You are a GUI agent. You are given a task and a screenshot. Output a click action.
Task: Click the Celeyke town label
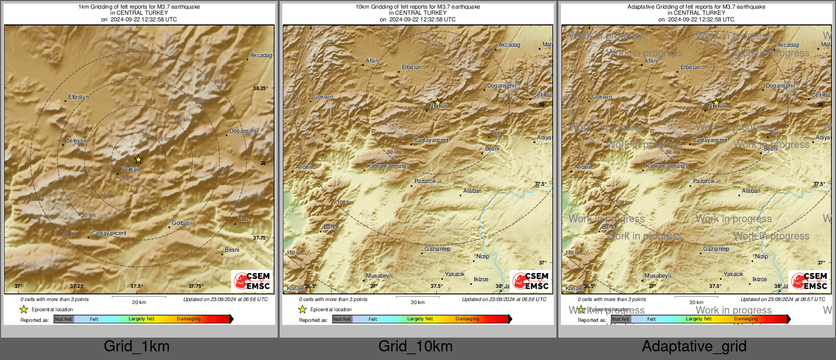pos(76,140)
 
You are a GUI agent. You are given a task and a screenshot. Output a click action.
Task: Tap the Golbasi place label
pos(182,223)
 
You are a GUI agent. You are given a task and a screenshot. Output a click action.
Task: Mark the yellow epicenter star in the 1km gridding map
pos(138,159)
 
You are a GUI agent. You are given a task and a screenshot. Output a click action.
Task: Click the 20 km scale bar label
pos(139,302)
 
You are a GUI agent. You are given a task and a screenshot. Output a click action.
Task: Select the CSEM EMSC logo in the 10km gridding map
pos(531,281)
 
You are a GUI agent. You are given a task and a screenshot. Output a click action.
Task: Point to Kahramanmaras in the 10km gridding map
pos(388,166)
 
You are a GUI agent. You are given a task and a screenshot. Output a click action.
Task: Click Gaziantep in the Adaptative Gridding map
pos(716,249)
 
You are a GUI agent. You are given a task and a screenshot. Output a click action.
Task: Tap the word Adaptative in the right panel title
pos(643,7)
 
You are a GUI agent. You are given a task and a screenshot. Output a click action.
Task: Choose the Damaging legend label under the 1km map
pos(189,319)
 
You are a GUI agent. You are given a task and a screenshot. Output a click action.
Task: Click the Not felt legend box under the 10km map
pos(342,319)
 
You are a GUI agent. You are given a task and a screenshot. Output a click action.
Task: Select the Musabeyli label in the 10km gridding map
pos(379,276)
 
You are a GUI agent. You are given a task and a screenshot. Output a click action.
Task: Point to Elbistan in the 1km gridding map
pos(78,97)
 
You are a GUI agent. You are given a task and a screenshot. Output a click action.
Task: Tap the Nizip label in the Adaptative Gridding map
pos(761,256)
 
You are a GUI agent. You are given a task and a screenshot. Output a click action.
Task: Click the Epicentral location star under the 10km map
pos(303,309)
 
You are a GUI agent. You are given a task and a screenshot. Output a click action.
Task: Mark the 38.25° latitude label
pos(260,88)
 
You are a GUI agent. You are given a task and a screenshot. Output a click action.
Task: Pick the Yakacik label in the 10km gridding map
pos(455,274)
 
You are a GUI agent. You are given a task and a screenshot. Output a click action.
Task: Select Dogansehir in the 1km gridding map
pos(244,131)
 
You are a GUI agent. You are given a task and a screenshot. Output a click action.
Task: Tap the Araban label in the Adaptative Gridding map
pos(751,191)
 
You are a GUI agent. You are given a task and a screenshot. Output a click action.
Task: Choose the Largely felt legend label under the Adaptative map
pos(699,319)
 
